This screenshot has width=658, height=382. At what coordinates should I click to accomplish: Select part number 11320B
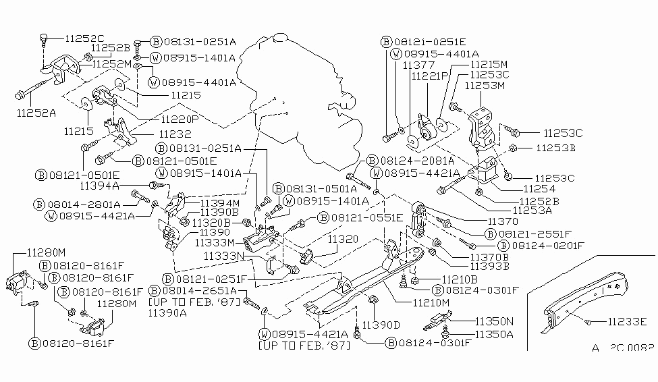pos(212,221)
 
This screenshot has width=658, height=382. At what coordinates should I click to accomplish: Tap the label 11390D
pos(382,325)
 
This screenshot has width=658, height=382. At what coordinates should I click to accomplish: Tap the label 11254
pos(539,190)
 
